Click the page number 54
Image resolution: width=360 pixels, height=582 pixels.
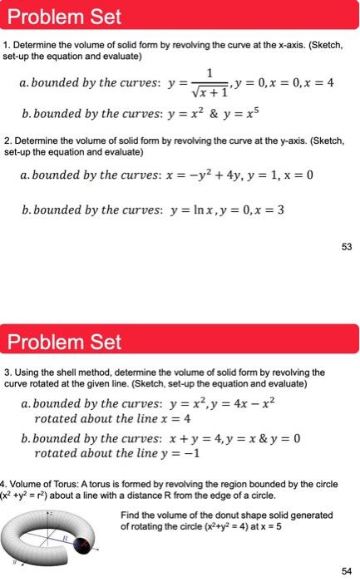(x=345, y=570)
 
